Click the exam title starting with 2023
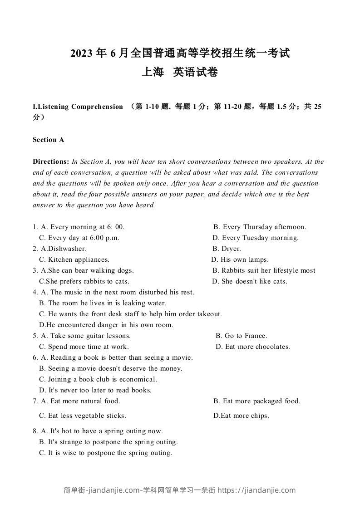coord(180,54)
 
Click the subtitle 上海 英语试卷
coord(180,72)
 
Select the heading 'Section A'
coord(48,140)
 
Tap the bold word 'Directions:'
coord(51,162)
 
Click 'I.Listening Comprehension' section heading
coord(78,107)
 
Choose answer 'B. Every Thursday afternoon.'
coord(260,227)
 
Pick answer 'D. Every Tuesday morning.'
coord(256,238)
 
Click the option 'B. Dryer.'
coord(227,249)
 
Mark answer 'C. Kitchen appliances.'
coord(74,259)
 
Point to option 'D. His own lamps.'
coord(240,259)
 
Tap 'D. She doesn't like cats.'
coord(250,281)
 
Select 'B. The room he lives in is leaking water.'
coord(103,303)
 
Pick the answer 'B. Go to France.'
coord(242,336)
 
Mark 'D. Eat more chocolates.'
coord(252,347)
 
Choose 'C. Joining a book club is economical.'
coord(98,379)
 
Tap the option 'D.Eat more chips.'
coord(241,416)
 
